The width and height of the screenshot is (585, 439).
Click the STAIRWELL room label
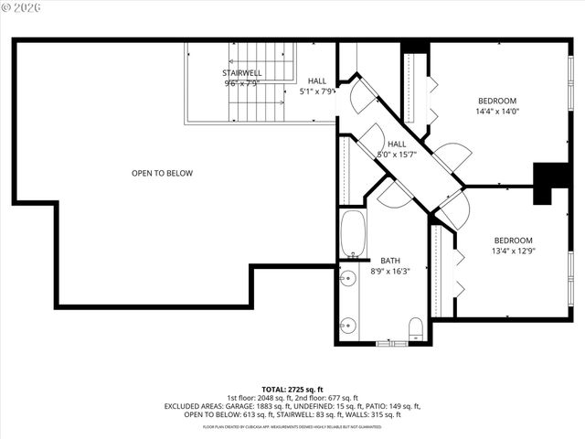click(242, 72)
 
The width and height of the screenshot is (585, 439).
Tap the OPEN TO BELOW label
click(162, 173)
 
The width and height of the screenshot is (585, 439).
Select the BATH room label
click(390, 260)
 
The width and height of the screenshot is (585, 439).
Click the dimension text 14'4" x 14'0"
click(497, 112)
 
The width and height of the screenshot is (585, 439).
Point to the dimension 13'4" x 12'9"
click(512, 252)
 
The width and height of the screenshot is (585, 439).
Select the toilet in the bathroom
click(416, 329)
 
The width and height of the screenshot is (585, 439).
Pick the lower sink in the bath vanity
click(347, 324)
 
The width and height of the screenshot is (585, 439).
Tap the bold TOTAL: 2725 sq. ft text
click(292, 389)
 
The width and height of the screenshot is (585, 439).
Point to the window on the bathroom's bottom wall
click(390, 342)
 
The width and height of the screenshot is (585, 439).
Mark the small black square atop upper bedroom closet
click(414, 47)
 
